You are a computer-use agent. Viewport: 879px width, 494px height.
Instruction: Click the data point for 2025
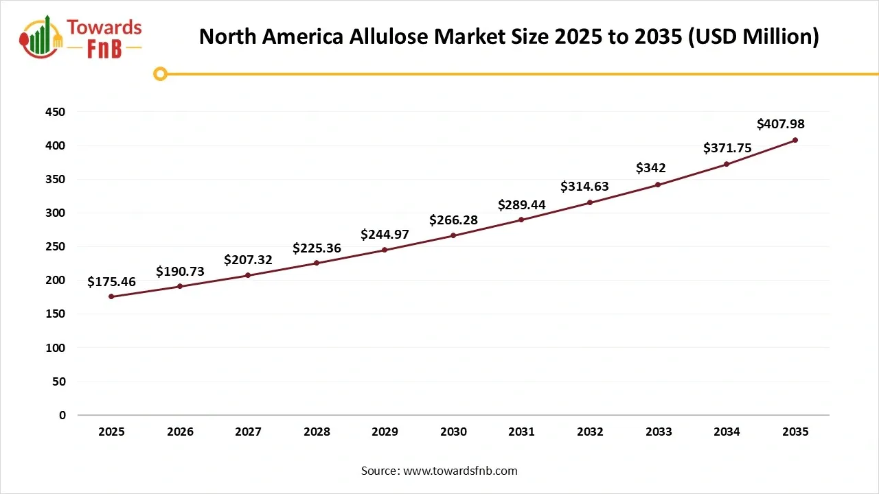click(111, 296)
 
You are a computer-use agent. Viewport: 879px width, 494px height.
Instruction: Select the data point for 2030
click(453, 235)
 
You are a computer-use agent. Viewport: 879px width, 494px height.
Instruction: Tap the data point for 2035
click(795, 140)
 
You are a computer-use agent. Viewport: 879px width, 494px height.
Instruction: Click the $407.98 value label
click(780, 124)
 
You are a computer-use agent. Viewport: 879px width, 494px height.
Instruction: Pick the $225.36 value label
click(317, 248)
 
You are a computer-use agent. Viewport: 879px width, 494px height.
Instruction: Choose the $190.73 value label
click(180, 271)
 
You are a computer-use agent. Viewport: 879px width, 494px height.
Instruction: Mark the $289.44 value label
click(521, 204)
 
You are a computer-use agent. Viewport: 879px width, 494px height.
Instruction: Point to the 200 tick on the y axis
click(57, 281)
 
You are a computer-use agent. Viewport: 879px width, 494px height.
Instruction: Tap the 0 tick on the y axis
click(62, 415)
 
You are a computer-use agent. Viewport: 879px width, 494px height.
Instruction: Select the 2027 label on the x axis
click(248, 432)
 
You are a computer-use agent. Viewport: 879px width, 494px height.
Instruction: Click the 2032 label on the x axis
click(590, 432)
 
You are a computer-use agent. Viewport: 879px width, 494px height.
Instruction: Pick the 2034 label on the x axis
click(727, 432)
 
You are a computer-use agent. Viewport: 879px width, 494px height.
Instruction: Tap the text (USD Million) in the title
click(753, 36)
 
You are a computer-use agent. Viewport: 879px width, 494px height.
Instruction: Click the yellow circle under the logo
click(160, 73)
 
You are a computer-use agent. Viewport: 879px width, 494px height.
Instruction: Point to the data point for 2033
click(658, 185)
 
